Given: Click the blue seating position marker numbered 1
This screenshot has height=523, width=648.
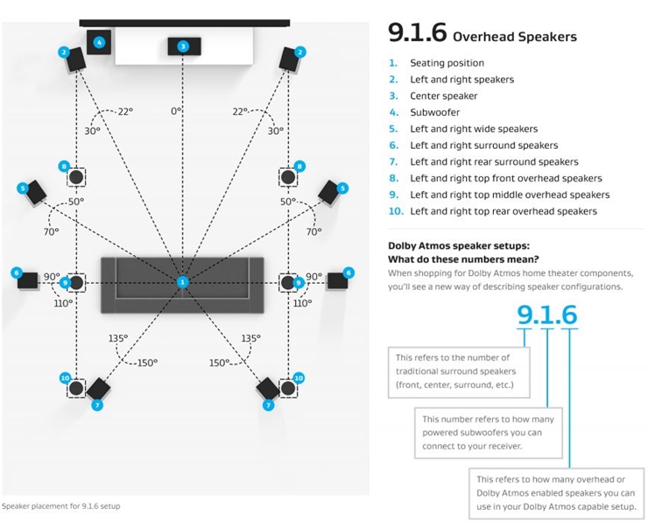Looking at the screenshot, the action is [x=182, y=282].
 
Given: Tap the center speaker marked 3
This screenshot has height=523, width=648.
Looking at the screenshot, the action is [x=184, y=46].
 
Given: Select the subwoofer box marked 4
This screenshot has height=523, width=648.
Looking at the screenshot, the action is [x=99, y=42].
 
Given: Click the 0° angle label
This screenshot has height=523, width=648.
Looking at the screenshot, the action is [x=176, y=110].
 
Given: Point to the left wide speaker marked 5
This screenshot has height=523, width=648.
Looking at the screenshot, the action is [x=36, y=192].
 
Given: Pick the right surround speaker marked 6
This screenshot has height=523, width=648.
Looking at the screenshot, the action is [x=337, y=280].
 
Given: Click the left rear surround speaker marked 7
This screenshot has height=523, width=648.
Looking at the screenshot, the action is [x=98, y=389].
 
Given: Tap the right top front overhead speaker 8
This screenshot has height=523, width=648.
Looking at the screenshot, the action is [x=287, y=177].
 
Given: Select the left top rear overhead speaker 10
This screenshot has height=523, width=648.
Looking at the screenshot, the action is [x=76, y=388].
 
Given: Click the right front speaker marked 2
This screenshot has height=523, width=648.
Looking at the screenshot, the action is [x=289, y=60].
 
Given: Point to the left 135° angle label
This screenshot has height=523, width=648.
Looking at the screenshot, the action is [x=118, y=338].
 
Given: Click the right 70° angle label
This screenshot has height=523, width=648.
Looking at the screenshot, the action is [x=313, y=231].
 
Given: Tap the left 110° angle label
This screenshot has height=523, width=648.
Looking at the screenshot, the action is [x=63, y=303].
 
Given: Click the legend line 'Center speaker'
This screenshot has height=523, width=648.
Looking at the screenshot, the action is [x=443, y=95].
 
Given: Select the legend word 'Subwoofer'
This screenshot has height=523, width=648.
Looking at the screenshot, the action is [x=434, y=112].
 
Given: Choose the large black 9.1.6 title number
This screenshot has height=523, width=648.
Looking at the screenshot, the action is [x=418, y=32].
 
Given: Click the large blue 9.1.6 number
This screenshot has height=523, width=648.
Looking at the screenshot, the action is [x=546, y=315].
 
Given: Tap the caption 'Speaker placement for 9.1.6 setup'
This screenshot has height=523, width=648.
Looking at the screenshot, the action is [x=60, y=506].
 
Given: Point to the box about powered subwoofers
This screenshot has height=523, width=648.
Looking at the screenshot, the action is [x=489, y=433].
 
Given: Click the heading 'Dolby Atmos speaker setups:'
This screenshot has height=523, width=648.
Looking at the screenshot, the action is [x=459, y=245].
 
